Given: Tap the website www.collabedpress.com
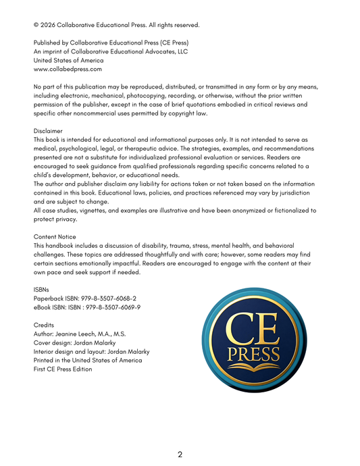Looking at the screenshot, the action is (x=68, y=69).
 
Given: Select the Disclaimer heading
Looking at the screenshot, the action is (x=48, y=131).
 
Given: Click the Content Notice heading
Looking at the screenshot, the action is (x=55, y=236).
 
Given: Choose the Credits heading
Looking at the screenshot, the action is (x=43, y=325).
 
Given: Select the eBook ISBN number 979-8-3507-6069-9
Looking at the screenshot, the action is (x=107, y=307).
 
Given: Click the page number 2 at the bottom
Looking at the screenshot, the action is (x=180, y=455).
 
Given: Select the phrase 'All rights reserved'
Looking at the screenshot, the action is (x=174, y=25).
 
